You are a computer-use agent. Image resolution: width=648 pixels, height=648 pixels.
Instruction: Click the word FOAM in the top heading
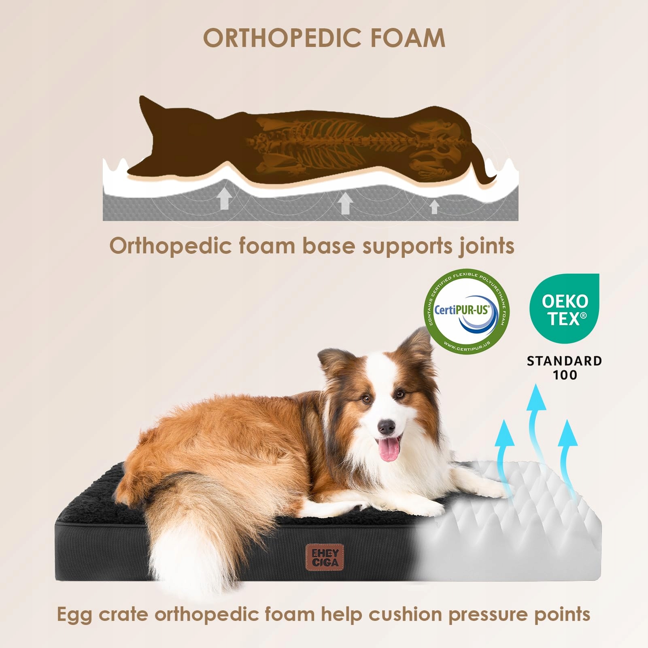click(408, 38)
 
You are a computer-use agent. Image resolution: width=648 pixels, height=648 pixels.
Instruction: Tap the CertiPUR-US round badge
click(466, 311)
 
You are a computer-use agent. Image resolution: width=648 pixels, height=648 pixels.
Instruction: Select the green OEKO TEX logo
click(564, 308)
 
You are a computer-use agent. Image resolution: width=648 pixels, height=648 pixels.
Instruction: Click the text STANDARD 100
click(564, 368)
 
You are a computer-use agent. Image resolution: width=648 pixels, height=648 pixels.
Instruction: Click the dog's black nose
click(387, 426)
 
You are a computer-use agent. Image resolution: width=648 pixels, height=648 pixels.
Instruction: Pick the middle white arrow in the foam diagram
click(345, 203)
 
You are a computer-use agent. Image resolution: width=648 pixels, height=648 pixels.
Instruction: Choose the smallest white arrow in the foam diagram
click(434, 206)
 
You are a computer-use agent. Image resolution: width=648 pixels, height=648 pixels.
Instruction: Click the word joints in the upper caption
click(486, 246)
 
